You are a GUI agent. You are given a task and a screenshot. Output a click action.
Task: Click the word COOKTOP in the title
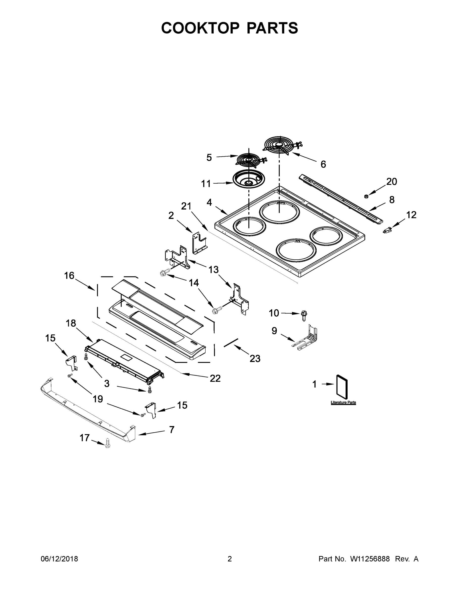coord(200,28)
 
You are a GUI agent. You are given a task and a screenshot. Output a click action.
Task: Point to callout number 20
coord(391,181)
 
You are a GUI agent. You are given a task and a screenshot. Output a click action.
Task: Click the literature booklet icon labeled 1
coord(342,385)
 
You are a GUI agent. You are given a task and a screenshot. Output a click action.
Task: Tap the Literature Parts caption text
coord(343,402)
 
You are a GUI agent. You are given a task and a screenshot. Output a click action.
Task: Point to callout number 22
coord(215,378)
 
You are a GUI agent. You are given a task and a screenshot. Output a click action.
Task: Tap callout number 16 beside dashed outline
coord(69,276)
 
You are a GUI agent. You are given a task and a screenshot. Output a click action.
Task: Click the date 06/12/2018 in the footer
coord(59,559)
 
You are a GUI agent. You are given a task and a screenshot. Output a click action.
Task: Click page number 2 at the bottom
coord(230,559)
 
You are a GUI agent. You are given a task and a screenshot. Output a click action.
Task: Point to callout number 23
coord(255,358)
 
